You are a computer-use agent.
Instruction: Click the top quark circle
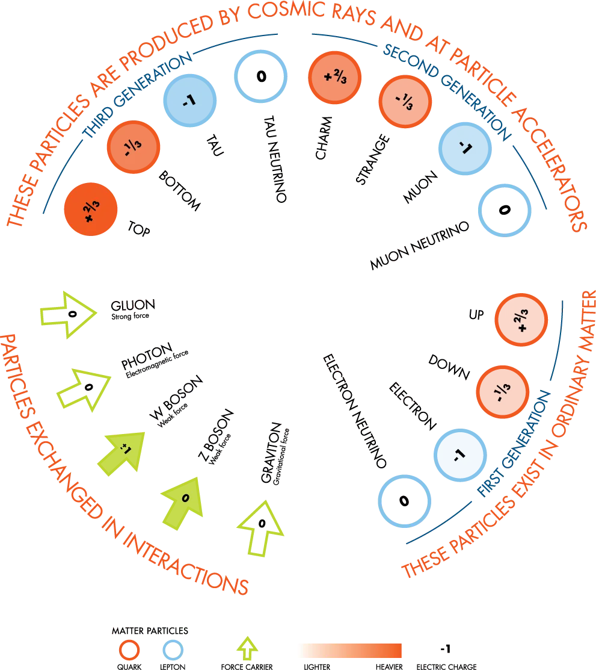point(90,209)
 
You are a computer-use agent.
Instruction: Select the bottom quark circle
point(133,147)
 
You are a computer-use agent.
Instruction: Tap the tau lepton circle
point(190,101)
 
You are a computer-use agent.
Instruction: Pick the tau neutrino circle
point(260,76)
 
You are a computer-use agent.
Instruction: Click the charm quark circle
point(335,78)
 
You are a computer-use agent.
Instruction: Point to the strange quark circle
point(405,102)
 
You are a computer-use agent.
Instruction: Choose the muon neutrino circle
point(504,210)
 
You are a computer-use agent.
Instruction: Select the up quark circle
point(521,320)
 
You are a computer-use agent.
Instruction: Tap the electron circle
point(460,455)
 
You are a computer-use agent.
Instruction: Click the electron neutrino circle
point(404,501)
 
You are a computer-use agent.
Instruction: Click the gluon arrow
point(69,315)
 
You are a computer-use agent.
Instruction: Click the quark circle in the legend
point(129,650)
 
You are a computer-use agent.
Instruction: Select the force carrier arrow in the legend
point(247,648)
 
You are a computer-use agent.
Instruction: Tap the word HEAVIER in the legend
point(389,666)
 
